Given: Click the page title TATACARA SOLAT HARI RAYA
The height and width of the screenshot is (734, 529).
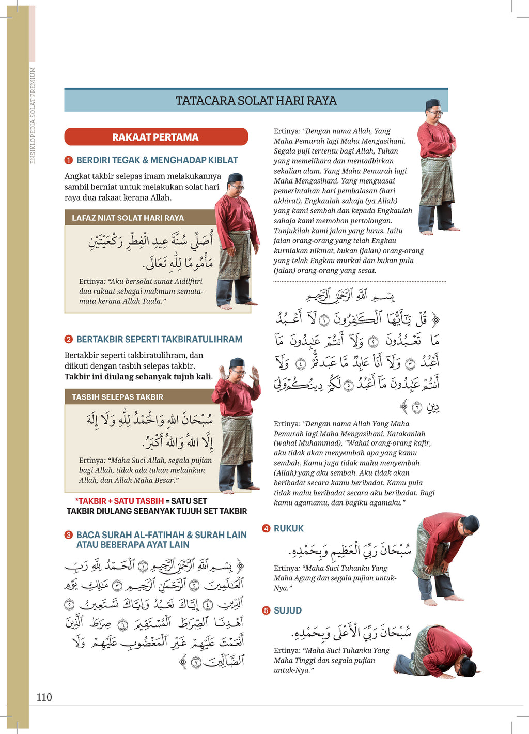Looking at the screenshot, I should (256, 100).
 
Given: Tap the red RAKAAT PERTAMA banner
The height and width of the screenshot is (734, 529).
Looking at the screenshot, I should (155, 137).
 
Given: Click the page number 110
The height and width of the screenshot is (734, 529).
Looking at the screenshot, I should (44, 697).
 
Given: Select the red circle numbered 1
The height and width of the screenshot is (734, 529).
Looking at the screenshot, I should (69, 160).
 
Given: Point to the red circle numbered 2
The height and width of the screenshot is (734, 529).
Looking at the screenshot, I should (69, 340).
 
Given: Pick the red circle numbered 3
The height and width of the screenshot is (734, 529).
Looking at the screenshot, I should (69, 535).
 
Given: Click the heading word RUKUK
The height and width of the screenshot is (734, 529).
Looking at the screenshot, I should (288, 528).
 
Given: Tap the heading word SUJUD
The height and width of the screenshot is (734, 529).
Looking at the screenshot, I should (287, 610).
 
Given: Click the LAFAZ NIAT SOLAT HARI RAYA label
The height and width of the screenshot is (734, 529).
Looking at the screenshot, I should (128, 218).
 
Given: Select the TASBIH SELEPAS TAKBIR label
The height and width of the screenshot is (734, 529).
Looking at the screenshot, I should (117, 397).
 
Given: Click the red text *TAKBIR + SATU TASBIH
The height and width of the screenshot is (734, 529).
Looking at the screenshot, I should (119, 501).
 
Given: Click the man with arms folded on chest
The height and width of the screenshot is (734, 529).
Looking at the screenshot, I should (436, 165).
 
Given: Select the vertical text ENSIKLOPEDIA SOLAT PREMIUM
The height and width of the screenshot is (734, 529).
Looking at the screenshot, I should (33, 115).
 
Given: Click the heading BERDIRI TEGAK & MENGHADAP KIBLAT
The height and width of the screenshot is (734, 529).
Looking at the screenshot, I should (157, 160).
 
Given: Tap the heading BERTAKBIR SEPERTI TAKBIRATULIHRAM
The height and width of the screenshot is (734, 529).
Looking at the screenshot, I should (159, 340).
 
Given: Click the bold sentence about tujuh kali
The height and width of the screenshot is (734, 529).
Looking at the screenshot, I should (138, 377).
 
